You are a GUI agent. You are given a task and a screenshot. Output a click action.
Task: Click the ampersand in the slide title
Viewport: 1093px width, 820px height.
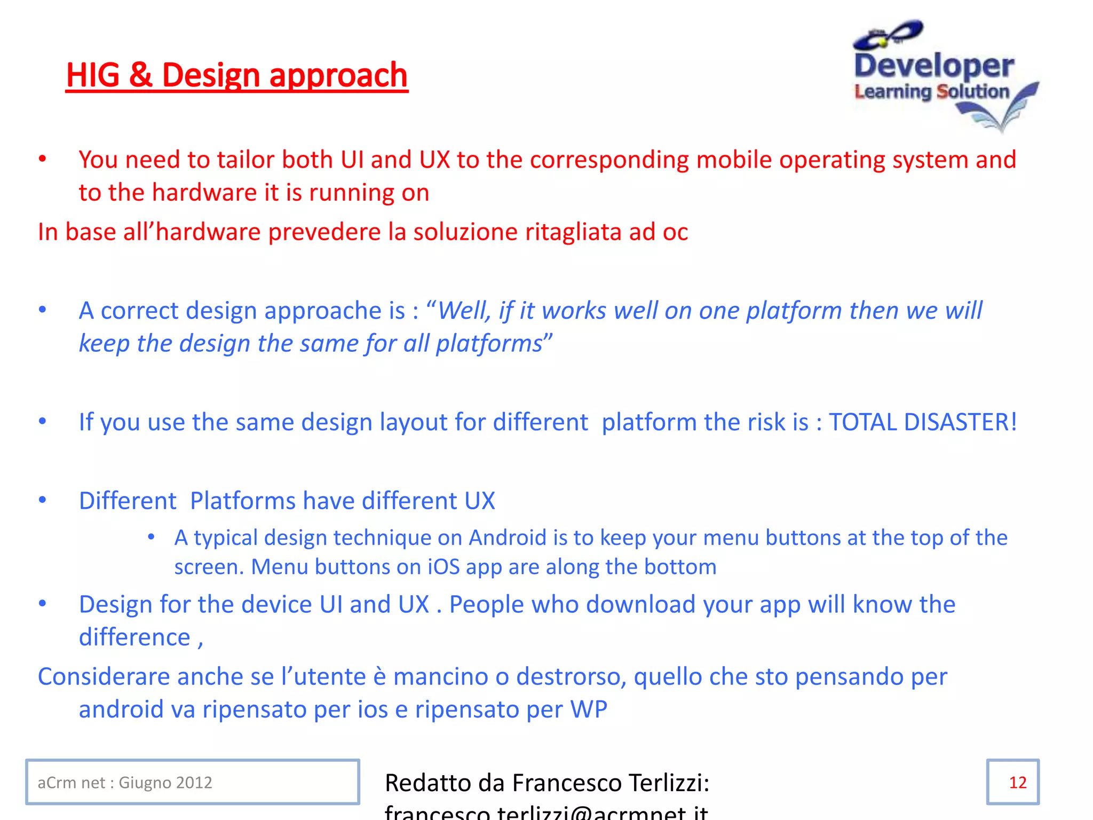click(x=140, y=75)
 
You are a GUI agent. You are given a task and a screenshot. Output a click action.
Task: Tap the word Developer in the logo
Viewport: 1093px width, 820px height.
click(x=934, y=67)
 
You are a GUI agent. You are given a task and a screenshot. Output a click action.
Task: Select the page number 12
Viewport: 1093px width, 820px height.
click(x=1017, y=783)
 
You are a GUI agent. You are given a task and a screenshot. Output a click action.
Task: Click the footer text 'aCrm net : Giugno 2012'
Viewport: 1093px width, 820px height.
click(x=125, y=783)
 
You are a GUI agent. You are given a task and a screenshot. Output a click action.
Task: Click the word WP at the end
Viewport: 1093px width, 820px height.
click(x=589, y=709)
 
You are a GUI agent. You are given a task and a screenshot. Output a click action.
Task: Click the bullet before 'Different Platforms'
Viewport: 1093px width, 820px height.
click(x=43, y=500)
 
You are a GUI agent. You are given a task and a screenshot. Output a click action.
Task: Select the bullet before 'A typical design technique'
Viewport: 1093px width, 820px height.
click(x=152, y=537)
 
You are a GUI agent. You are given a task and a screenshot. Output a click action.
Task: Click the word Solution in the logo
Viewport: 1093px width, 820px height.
click(x=973, y=92)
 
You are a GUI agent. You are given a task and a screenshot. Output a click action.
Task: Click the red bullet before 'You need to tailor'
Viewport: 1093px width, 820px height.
click(x=43, y=159)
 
